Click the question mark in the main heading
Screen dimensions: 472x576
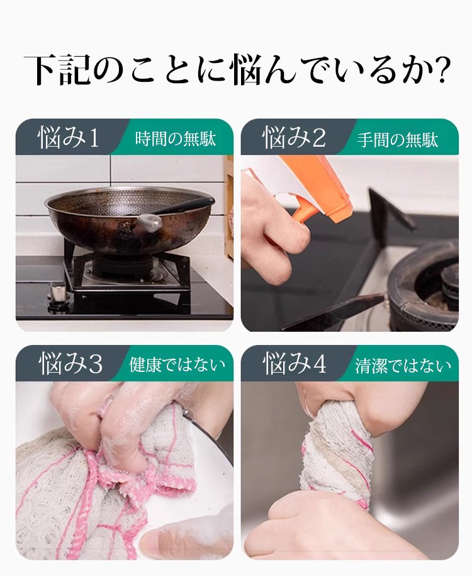pyautogui.click(x=440, y=70)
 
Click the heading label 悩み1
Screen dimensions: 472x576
pyautogui.click(x=69, y=138)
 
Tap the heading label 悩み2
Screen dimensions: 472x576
pyautogui.click(x=295, y=138)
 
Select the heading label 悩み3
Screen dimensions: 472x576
pyautogui.click(x=70, y=364)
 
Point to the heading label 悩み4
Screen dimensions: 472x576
pyautogui.click(x=295, y=364)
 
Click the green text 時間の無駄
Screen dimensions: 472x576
pyautogui.click(x=176, y=140)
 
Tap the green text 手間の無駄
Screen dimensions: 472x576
pyautogui.click(x=398, y=140)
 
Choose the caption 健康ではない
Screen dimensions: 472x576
pyautogui.click(x=177, y=365)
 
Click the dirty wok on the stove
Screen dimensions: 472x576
pyautogui.click(x=129, y=220)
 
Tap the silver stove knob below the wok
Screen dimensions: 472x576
pyautogui.click(x=58, y=293)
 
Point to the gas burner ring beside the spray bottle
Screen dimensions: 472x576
pyautogui.click(x=422, y=286)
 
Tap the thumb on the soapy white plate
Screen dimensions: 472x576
pyautogui.click(x=172, y=540)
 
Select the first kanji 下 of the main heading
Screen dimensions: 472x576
pyautogui.click(x=41, y=70)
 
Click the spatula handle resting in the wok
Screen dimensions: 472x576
pyautogui.click(x=183, y=207)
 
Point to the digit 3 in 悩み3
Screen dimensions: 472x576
pyautogui.click(x=96, y=364)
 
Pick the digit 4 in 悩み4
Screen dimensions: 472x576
pyautogui.click(x=319, y=364)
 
